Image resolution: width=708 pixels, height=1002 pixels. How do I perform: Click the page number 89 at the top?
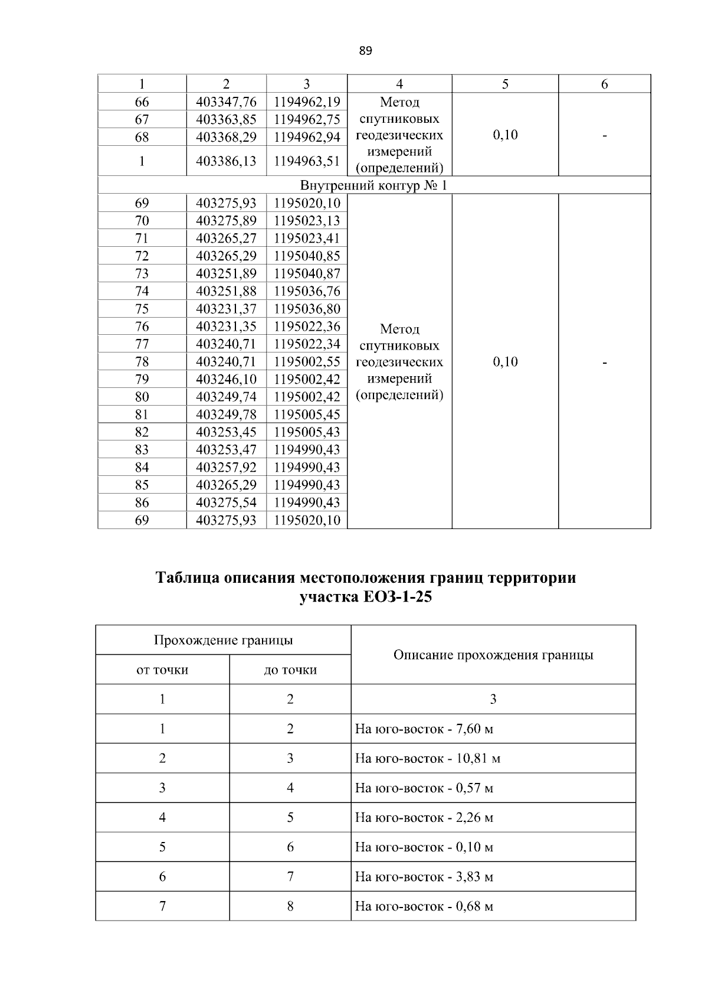click(x=365, y=51)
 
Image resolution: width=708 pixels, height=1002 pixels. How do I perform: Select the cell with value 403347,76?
click(x=226, y=102)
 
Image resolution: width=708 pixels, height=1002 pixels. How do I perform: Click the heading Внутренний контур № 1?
click(x=374, y=185)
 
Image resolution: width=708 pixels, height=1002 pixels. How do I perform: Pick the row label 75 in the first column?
click(x=142, y=309)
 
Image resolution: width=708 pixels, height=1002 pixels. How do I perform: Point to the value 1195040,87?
click(x=307, y=273)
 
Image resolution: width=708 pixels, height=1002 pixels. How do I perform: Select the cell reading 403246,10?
click(x=226, y=379)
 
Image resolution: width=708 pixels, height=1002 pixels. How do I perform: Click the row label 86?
click(x=142, y=502)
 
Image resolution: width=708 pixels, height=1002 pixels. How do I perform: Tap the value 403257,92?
click(x=226, y=467)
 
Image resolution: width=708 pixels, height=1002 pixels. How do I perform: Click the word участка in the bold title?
click(x=326, y=597)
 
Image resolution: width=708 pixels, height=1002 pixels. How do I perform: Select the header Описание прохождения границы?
click(x=493, y=655)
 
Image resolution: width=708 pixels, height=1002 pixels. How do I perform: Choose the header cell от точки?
click(x=162, y=670)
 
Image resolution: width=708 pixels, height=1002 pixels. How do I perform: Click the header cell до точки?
click(x=290, y=670)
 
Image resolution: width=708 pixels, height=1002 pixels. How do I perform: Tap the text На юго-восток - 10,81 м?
click(x=427, y=759)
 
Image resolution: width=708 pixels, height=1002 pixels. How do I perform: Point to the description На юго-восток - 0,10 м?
click(x=424, y=847)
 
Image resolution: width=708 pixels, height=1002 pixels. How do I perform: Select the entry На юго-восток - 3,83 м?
click(x=424, y=877)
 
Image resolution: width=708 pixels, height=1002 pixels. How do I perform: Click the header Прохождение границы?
click(x=223, y=641)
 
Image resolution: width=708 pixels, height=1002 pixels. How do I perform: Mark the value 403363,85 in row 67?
click(x=226, y=119)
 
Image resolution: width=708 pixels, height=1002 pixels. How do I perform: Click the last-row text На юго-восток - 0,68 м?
click(x=424, y=906)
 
